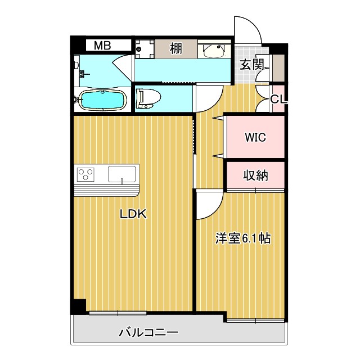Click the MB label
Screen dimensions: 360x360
pyautogui.click(x=102, y=46)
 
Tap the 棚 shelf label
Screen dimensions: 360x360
pyautogui.click(x=176, y=48)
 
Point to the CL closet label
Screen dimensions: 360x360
pyautogui.click(x=278, y=100)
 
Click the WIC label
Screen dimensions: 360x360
pyautogui.click(x=255, y=137)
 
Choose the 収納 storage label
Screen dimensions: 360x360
pyautogui.click(x=255, y=175)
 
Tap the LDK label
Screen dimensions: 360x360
pyautogui.click(x=133, y=214)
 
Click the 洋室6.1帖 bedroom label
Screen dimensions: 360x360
pyautogui.click(x=243, y=238)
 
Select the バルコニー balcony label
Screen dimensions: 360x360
pyautogui.click(x=148, y=332)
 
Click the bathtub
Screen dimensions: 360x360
pyautogui.click(x=102, y=100)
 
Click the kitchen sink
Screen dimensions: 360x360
pyautogui.click(x=123, y=174)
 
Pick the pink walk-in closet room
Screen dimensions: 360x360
pyautogui.click(x=255, y=137)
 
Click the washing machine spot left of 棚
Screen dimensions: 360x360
pyautogui.click(x=145, y=48)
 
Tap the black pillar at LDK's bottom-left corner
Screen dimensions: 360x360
pyautogui.click(x=77, y=307)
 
